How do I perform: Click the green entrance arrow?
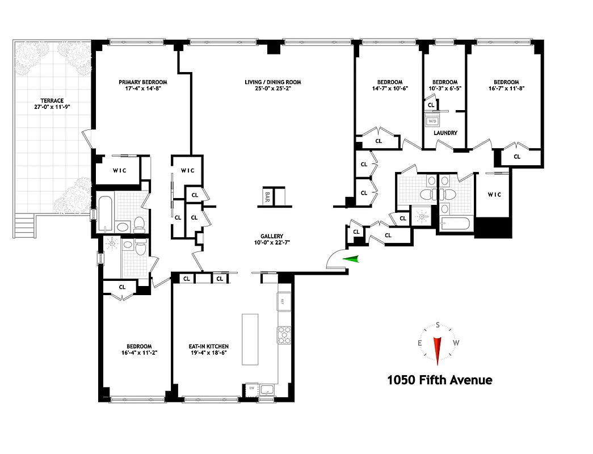click(x=352, y=259)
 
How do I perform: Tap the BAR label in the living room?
click(x=267, y=197)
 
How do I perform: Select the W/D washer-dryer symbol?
click(x=432, y=120)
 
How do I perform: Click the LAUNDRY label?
click(x=445, y=133)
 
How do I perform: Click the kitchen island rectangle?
click(x=250, y=339)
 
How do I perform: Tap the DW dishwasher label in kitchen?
click(x=251, y=388)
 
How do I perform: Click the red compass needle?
click(x=438, y=350)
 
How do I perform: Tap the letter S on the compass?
click(x=438, y=325)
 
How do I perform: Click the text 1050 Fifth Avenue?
click(x=439, y=380)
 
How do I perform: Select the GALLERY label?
click(x=272, y=237)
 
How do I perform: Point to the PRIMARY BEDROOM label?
click(x=143, y=82)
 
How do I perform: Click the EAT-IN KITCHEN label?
click(x=209, y=346)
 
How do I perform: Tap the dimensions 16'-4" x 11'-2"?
click(x=139, y=353)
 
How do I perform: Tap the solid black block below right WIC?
click(x=493, y=228)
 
